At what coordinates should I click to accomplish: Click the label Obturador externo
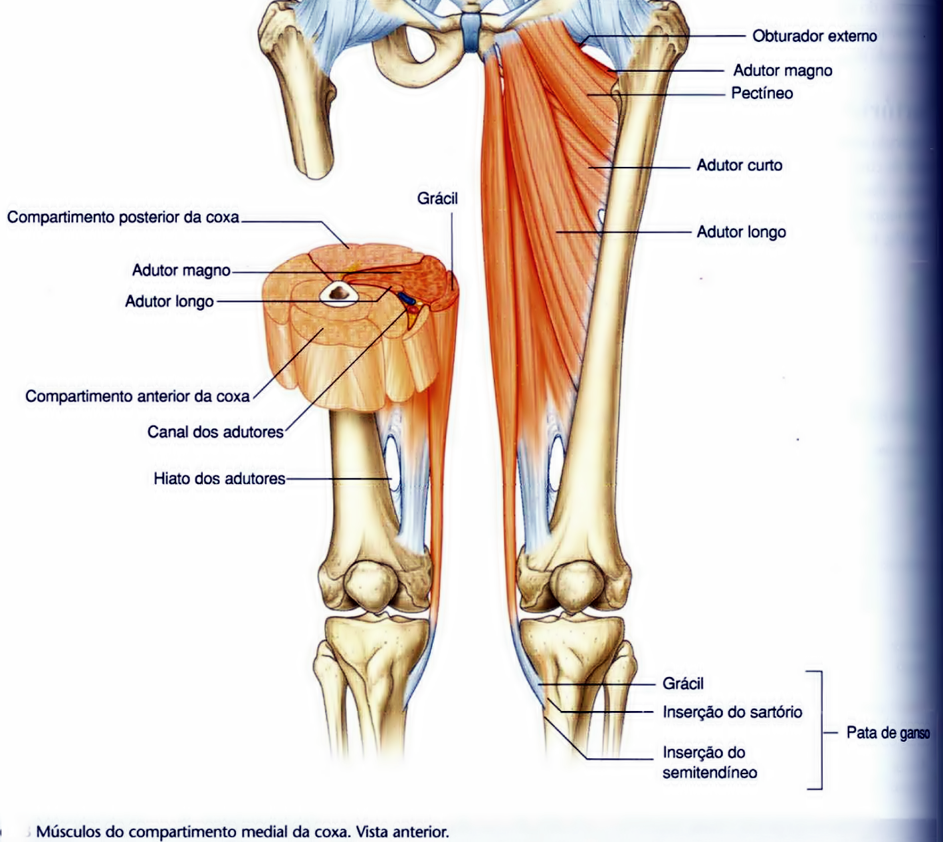[814, 36]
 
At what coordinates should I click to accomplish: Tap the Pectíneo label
[762, 93]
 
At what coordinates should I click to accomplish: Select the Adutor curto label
[739, 165]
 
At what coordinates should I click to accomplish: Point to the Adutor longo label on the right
[741, 232]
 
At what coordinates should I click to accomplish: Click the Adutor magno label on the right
[782, 70]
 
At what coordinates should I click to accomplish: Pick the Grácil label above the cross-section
[437, 198]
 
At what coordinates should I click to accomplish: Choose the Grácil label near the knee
[682, 684]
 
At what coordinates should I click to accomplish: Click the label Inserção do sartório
[732, 712]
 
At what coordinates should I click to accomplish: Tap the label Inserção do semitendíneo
[709, 762]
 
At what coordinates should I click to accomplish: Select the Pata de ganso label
[887, 733]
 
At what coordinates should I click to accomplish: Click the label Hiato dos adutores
[219, 479]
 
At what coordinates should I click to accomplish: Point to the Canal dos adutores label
[215, 432]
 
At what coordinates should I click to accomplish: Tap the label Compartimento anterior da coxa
[138, 396]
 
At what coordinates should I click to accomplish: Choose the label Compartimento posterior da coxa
[123, 217]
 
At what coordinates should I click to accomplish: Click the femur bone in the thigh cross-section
[340, 292]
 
